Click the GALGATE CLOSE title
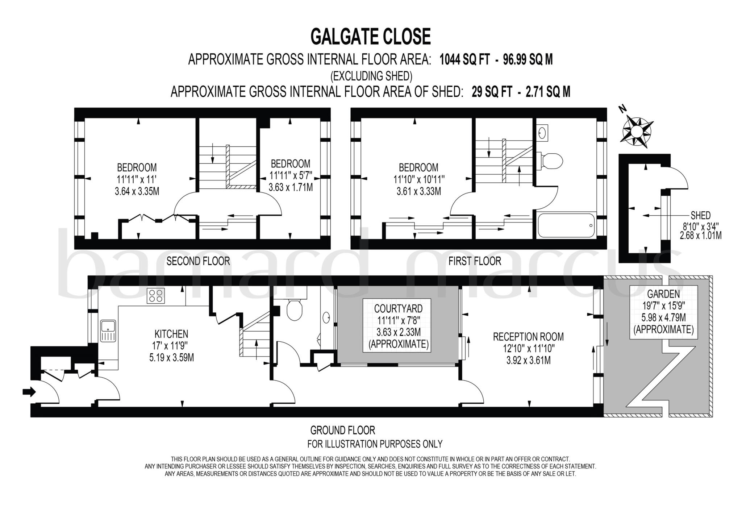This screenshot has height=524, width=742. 371,37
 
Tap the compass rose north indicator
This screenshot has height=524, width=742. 637,132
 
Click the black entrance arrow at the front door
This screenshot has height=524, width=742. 29,392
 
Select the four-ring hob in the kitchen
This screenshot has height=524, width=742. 155,295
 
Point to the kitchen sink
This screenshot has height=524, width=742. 108,330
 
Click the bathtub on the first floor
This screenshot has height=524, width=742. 566,225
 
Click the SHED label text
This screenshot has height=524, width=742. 700,216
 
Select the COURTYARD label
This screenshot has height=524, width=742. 398,308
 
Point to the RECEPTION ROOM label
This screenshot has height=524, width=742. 528,337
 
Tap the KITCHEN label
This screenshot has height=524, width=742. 171,334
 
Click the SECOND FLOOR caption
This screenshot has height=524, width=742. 198,261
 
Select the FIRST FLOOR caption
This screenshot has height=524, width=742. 475,261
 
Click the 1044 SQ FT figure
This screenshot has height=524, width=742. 464,59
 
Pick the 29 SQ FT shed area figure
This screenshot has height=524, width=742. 492,92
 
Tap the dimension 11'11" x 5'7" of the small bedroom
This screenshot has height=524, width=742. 291,176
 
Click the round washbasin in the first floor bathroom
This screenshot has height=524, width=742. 542,133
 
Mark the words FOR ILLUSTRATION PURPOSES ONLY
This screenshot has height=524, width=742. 375,444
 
